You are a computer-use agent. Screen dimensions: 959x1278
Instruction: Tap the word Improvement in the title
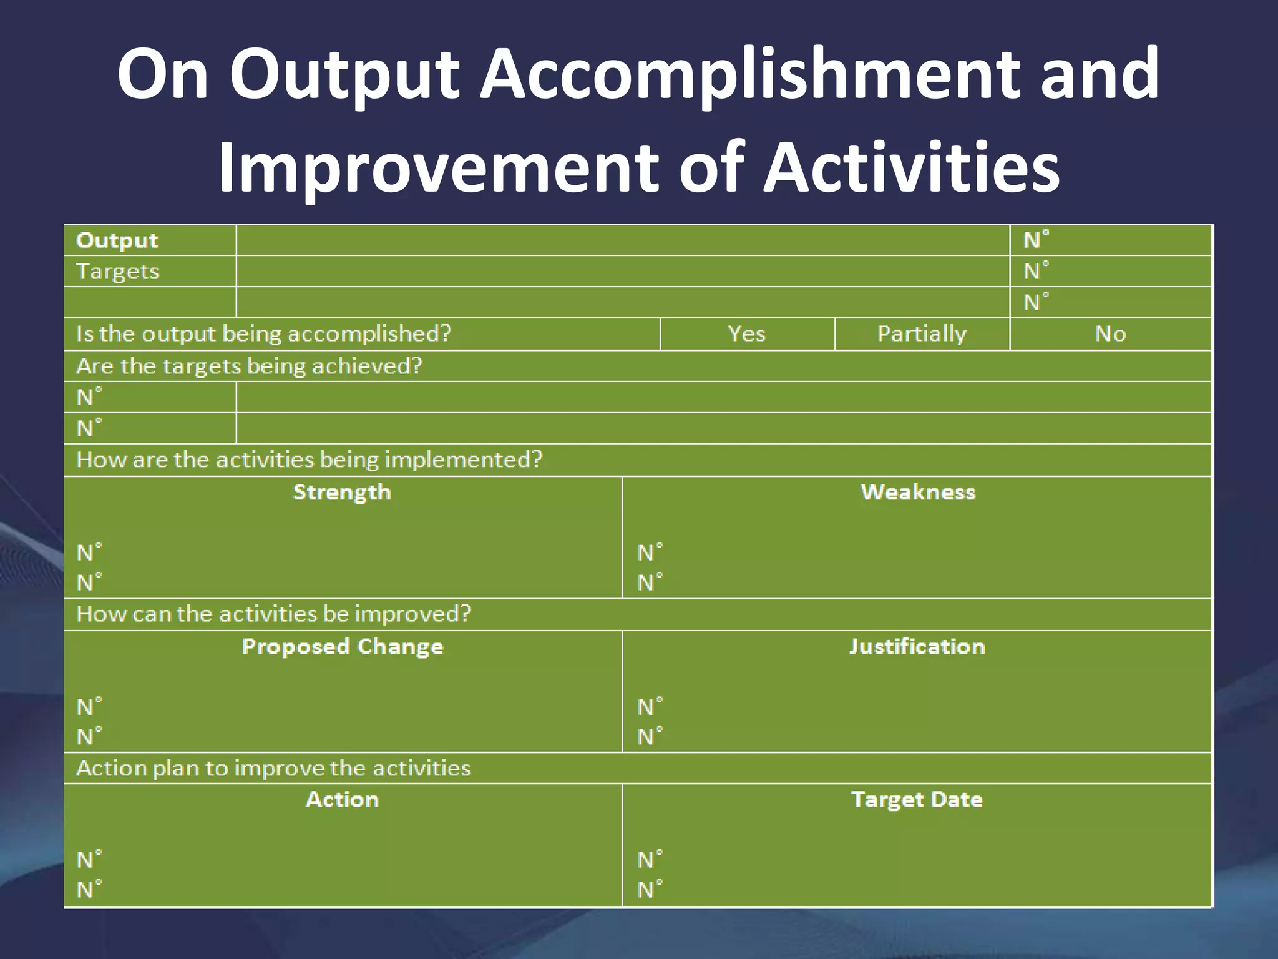pyautogui.click(x=437, y=167)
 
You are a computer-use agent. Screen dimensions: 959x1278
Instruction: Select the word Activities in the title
pyautogui.click(x=911, y=167)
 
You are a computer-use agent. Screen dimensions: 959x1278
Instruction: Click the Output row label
pyautogui.click(x=117, y=240)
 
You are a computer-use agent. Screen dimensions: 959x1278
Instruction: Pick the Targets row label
pyautogui.click(x=117, y=272)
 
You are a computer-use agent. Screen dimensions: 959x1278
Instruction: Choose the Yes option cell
pyautogui.click(x=746, y=333)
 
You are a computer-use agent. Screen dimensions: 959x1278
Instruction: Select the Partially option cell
pyautogui.click(x=922, y=333)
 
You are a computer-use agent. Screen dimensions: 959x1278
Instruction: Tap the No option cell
pyautogui.click(x=1110, y=333)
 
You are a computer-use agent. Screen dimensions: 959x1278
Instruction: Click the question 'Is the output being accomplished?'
pyautogui.click(x=263, y=333)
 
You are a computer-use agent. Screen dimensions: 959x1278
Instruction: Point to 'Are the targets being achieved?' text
pyautogui.click(x=249, y=366)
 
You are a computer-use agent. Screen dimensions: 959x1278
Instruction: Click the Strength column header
pyautogui.click(x=342, y=492)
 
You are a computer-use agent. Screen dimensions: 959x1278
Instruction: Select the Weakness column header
pyautogui.click(x=917, y=492)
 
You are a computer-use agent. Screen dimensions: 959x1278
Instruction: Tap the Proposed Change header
pyautogui.click(x=342, y=646)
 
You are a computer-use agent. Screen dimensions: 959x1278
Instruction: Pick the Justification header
pyautogui.click(x=917, y=646)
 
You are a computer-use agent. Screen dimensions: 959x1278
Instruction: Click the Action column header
pyautogui.click(x=342, y=799)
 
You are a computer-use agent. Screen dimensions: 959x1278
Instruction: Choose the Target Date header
pyautogui.click(x=917, y=799)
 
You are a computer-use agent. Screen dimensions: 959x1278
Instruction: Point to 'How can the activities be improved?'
pyautogui.click(x=273, y=614)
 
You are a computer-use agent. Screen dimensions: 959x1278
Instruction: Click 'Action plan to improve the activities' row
pyautogui.click(x=273, y=768)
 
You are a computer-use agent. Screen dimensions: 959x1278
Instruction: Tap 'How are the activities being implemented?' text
pyautogui.click(x=309, y=460)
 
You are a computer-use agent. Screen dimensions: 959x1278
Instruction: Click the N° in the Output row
pyautogui.click(x=1036, y=240)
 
